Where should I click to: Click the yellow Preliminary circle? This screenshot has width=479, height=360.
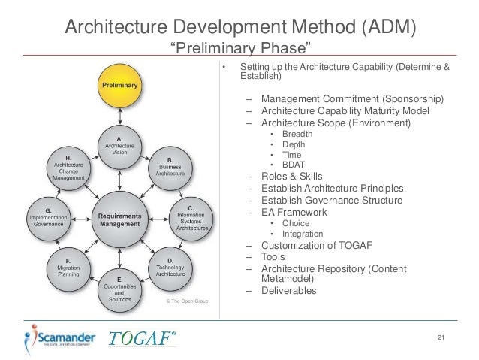tap(119, 86)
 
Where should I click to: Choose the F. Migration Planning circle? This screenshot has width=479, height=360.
tap(68, 270)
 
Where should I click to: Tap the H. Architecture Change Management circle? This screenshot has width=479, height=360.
tap(68, 168)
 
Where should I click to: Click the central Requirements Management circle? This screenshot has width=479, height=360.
tap(119, 219)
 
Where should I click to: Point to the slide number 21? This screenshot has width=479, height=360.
tap(441, 337)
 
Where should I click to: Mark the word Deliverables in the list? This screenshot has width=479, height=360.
tap(289, 291)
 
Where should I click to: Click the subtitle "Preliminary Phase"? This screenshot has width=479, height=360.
tap(239, 50)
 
